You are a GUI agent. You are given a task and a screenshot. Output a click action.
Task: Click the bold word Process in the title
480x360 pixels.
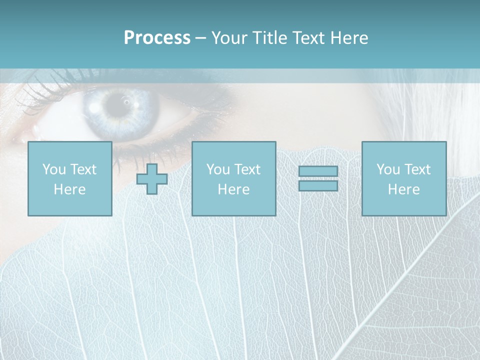point(157,38)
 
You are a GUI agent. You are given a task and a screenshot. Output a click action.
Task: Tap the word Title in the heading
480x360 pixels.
point(269,38)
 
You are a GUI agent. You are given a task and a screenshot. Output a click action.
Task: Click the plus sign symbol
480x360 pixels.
point(152,179)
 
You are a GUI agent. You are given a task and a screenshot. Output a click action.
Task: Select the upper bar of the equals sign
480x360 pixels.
point(318,171)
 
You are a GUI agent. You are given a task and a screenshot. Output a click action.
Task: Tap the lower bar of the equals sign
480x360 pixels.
point(318,185)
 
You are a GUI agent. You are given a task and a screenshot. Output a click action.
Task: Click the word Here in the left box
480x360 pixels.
point(69,189)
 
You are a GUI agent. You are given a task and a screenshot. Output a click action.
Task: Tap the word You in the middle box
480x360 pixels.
point(218,169)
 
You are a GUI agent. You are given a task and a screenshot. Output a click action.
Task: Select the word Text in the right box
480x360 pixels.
point(417,169)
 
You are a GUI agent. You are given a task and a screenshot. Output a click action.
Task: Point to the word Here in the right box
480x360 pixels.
point(404,189)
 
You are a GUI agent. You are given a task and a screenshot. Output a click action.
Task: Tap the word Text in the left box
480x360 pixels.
point(83,169)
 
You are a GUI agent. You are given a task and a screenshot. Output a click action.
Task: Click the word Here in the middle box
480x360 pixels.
point(233,189)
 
